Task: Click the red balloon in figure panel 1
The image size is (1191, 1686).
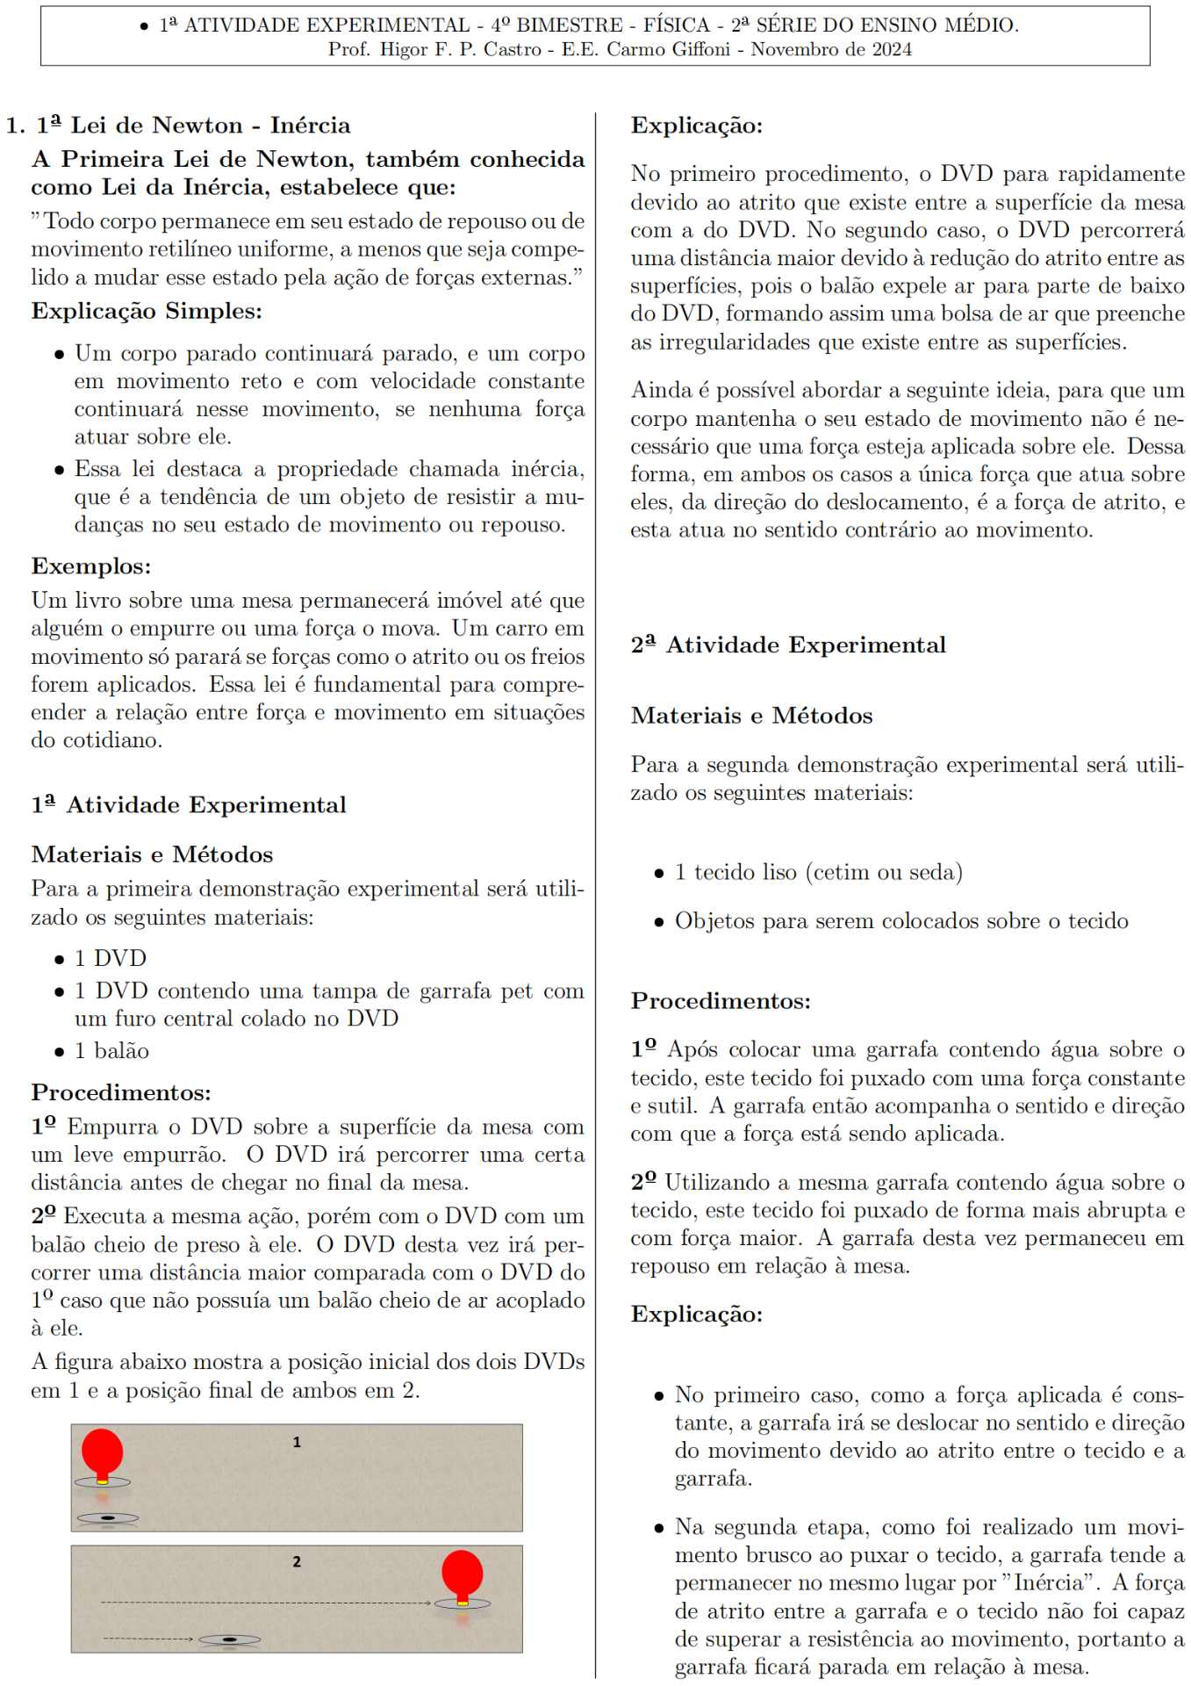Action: click(102, 1451)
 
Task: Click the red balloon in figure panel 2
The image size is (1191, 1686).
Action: click(463, 1572)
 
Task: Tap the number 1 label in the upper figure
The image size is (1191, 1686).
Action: click(297, 1442)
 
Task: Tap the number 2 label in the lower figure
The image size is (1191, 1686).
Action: click(297, 1561)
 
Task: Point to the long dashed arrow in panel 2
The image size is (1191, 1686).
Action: click(263, 1603)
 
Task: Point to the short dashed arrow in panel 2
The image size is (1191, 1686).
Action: click(147, 1639)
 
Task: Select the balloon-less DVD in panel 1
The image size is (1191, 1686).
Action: click(108, 1517)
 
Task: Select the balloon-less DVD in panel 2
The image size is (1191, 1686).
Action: click(230, 1639)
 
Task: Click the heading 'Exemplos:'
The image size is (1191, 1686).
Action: click(91, 566)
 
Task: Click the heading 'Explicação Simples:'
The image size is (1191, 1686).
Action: click(147, 311)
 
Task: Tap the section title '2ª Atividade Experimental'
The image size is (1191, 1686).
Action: click(788, 645)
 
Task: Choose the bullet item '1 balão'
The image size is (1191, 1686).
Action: click(111, 1050)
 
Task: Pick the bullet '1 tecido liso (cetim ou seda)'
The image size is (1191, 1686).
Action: click(818, 872)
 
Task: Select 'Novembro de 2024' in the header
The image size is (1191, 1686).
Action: click(831, 49)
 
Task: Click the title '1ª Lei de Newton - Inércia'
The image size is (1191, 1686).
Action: click(193, 126)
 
